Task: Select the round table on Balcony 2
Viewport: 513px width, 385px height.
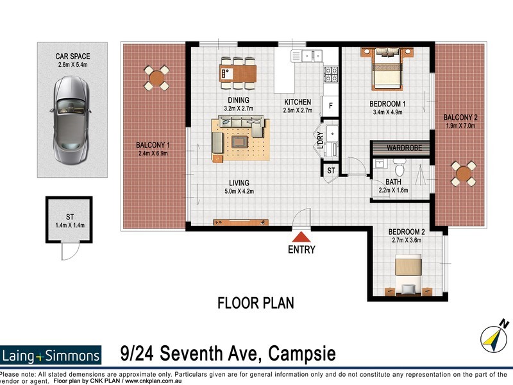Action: coord(463,173)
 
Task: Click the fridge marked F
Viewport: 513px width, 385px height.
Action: coord(330,105)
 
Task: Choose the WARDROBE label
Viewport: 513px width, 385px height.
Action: coord(403,148)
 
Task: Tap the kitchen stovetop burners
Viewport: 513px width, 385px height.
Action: coord(330,75)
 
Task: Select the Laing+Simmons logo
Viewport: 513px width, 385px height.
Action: coord(51,355)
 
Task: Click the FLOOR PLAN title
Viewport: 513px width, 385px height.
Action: coord(256,302)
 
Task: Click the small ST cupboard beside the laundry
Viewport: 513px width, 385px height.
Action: coord(331,171)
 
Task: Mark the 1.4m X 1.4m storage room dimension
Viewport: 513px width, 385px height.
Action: coord(68,225)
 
